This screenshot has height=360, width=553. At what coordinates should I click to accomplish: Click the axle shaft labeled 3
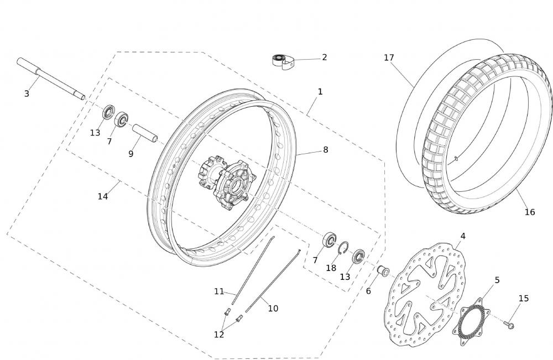click(51, 79)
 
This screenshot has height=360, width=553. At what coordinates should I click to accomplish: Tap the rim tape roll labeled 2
click(283, 62)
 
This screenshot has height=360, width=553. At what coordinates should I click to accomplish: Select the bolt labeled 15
click(508, 324)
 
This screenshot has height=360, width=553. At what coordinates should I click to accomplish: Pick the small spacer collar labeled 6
click(383, 271)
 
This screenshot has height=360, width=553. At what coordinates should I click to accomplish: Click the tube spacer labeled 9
click(144, 133)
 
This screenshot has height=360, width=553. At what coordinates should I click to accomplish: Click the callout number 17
click(389, 58)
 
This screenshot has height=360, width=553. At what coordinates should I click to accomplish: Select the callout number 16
click(529, 212)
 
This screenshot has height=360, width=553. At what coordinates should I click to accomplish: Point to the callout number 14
click(103, 196)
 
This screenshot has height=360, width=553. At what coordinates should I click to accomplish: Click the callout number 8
click(325, 150)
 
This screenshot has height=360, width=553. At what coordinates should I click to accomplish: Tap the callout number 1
click(320, 92)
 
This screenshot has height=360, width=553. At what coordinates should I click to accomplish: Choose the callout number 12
click(218, 335)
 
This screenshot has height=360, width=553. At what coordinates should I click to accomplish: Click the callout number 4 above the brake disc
click(463, 236)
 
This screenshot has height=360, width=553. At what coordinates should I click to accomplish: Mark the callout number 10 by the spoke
click(273, 309)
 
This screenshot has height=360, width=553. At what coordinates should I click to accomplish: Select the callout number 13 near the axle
click(95, 133)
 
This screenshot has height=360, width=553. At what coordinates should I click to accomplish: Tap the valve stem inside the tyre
click(456, 158)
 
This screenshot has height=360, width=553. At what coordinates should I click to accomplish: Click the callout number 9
click(131, 154)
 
